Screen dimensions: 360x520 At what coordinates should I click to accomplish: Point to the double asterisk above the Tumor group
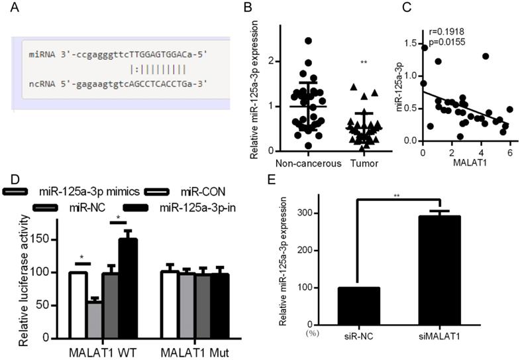(x=364, y=62)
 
